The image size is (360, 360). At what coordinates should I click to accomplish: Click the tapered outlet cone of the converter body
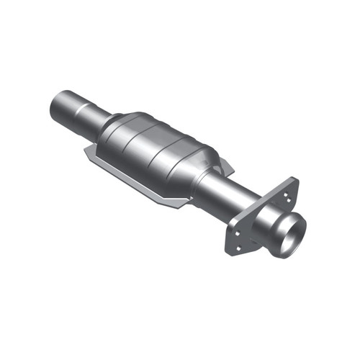point(206,173)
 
